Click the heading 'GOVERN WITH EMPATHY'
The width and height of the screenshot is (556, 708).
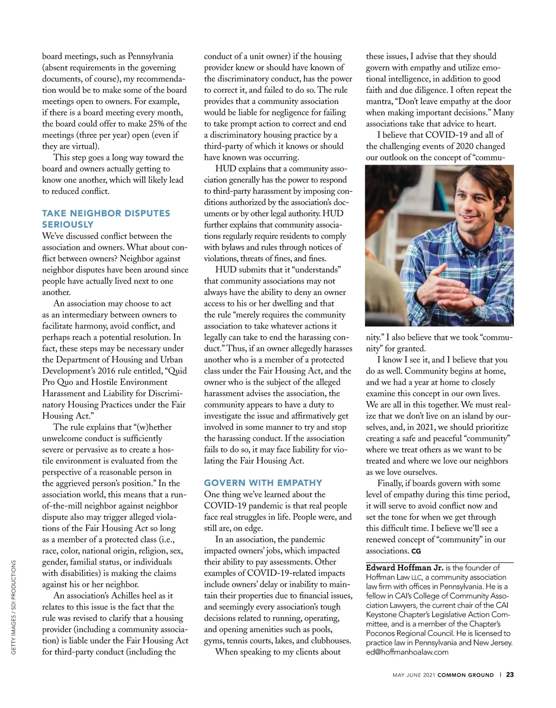pos(263,483)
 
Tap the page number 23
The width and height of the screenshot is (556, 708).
pos(510,675)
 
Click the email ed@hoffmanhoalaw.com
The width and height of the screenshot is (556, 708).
pos(407,652)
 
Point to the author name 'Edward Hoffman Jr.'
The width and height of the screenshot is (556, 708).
pos(404,568)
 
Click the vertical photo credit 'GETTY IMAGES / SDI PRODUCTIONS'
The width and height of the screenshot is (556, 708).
pos(13,607)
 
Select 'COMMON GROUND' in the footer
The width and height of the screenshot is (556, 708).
pos(466,675)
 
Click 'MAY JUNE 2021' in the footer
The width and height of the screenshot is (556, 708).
pos(414,675)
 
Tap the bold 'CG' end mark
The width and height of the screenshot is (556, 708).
pos(416,551)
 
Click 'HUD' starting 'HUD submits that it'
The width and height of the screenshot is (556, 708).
pos(226,270)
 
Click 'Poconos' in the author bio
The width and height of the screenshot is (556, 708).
pos(382,633)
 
